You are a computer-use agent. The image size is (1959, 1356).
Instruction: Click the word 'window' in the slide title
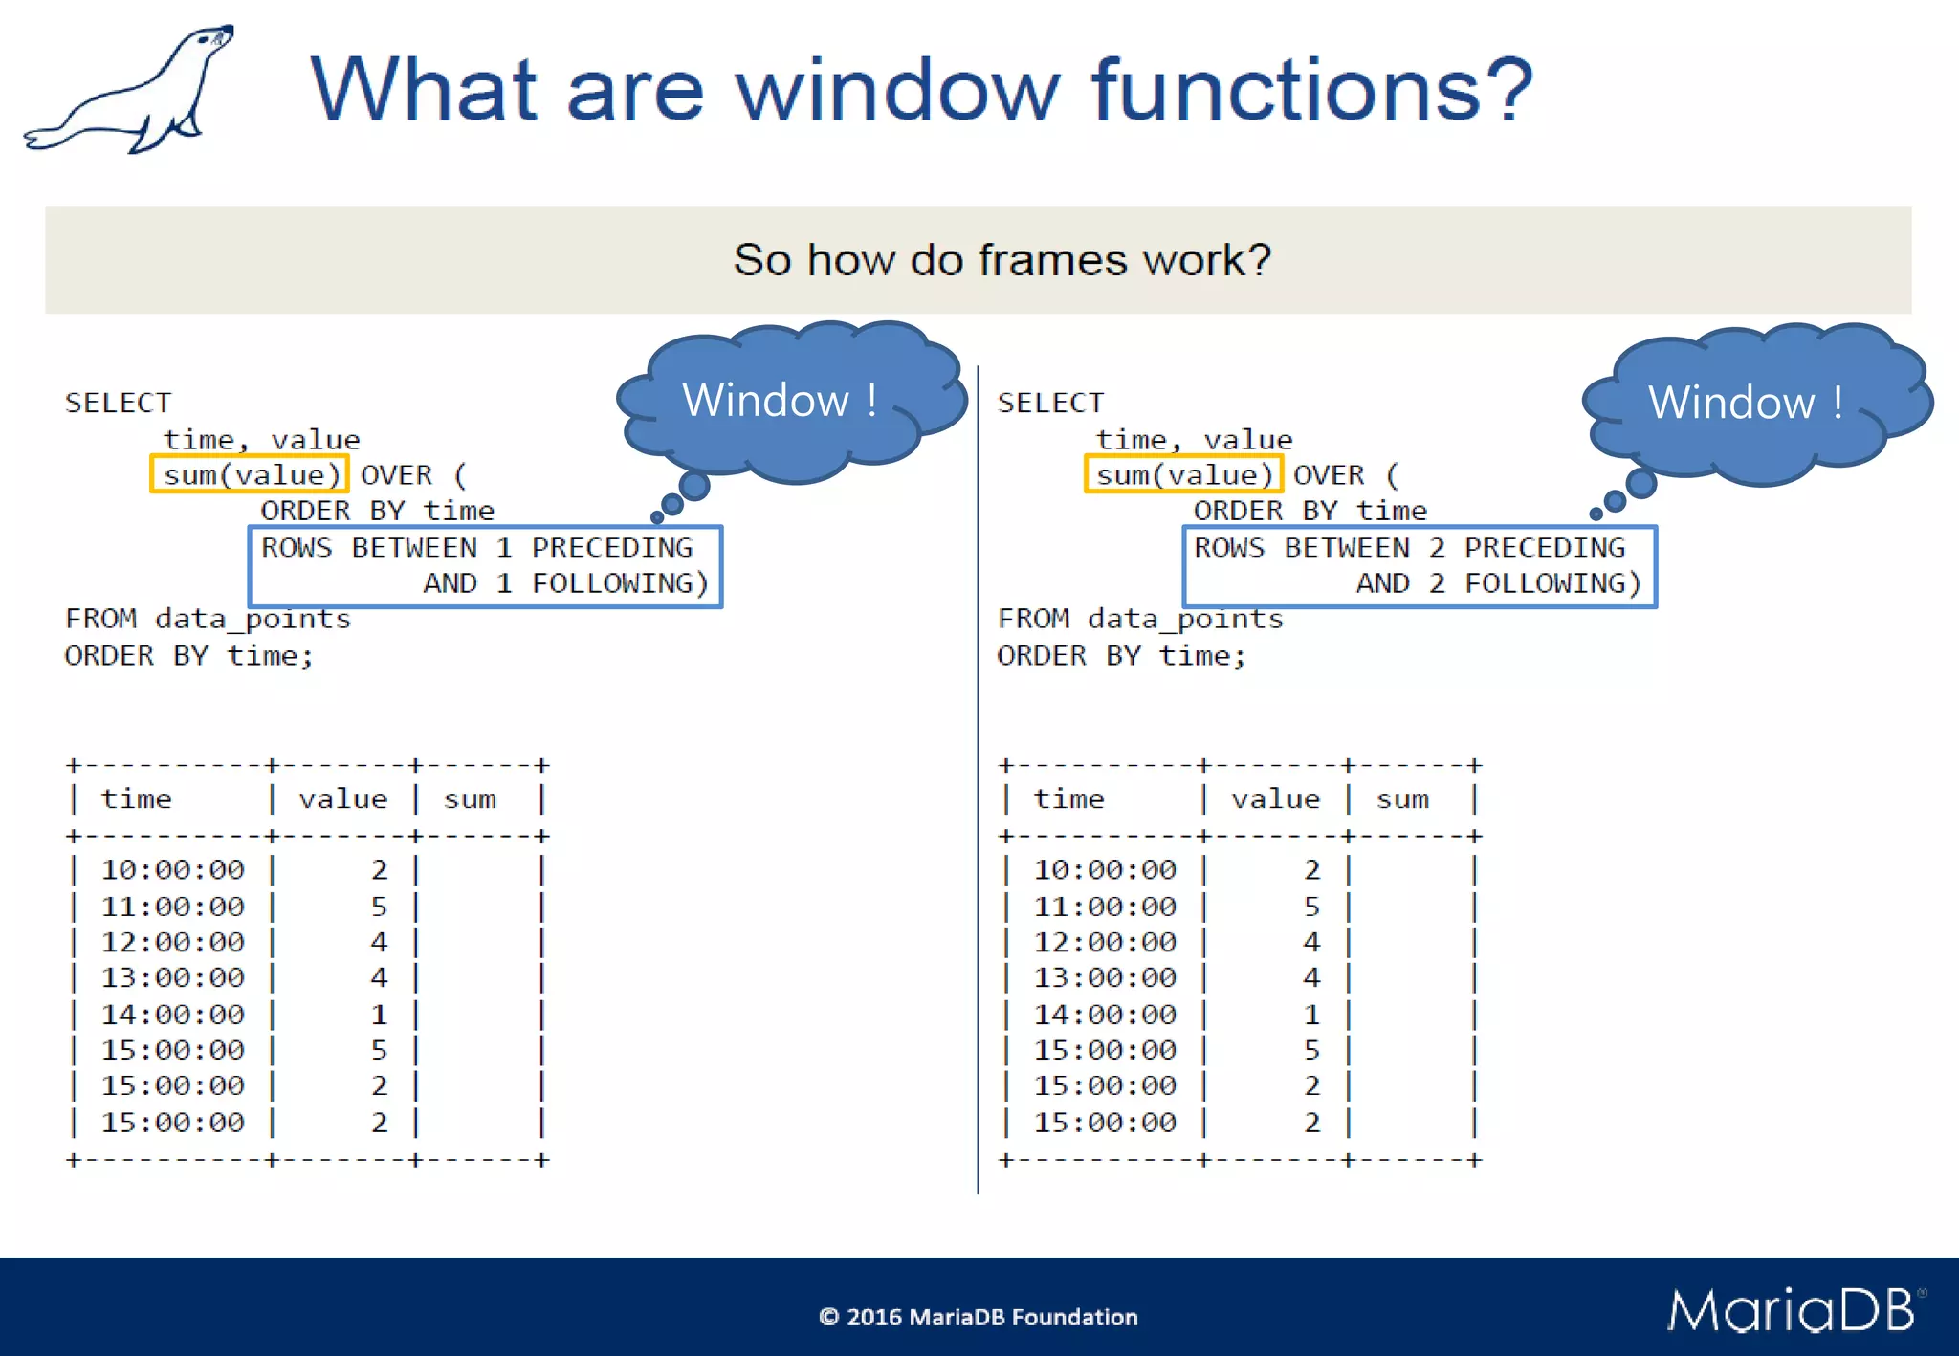coord(897,91)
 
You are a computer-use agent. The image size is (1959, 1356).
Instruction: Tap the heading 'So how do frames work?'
coord(1002,260)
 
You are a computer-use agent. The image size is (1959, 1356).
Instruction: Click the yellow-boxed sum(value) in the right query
coord(1183,475)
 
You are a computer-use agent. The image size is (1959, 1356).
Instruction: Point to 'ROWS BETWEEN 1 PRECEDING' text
coord(476,548)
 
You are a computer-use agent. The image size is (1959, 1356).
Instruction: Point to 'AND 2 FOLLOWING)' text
coord(1498,583)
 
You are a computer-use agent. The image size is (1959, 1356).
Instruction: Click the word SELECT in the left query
coord(119,404)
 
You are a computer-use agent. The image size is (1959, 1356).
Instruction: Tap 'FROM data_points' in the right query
coord(1139,620)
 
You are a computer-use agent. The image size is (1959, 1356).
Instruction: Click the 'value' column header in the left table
coord(342,799)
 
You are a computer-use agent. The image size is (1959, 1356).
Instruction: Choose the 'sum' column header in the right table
coord(1402,799)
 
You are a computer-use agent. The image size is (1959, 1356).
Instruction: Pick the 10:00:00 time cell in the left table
coord(172,870)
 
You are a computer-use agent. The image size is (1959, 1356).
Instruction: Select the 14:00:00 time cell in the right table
coord(1105,1015)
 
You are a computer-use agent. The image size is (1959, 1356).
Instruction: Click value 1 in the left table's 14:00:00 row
coord(379,1015)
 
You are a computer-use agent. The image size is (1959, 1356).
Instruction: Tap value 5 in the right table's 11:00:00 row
coord(1311,907)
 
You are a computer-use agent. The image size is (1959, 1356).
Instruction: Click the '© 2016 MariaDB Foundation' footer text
coord(978,1318)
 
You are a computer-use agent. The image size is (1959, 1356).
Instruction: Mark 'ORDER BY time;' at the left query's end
coord(188,656)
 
